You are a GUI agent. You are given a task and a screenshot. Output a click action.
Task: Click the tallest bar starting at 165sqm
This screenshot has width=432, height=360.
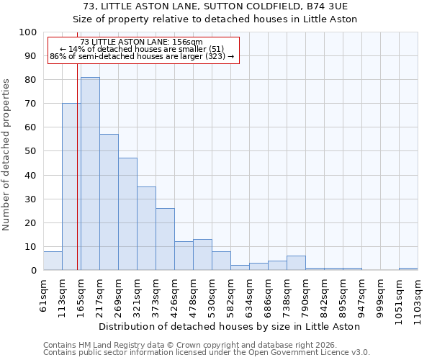click(x=90, y=174)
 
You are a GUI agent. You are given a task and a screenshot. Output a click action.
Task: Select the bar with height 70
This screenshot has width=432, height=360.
click(x=71, y=186)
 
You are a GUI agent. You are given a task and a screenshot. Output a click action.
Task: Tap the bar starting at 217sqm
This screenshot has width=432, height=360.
click(x=109, y=202)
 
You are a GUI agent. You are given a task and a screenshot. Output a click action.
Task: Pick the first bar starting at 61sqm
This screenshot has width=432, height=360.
click(x=53, y=261)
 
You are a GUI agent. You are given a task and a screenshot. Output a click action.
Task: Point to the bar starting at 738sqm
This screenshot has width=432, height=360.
click(x=296, y=263)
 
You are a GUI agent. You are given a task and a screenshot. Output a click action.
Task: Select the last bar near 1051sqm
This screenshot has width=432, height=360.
click(x=408, y=269)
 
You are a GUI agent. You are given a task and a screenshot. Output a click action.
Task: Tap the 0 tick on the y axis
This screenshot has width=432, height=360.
click(x=33, y=270)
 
